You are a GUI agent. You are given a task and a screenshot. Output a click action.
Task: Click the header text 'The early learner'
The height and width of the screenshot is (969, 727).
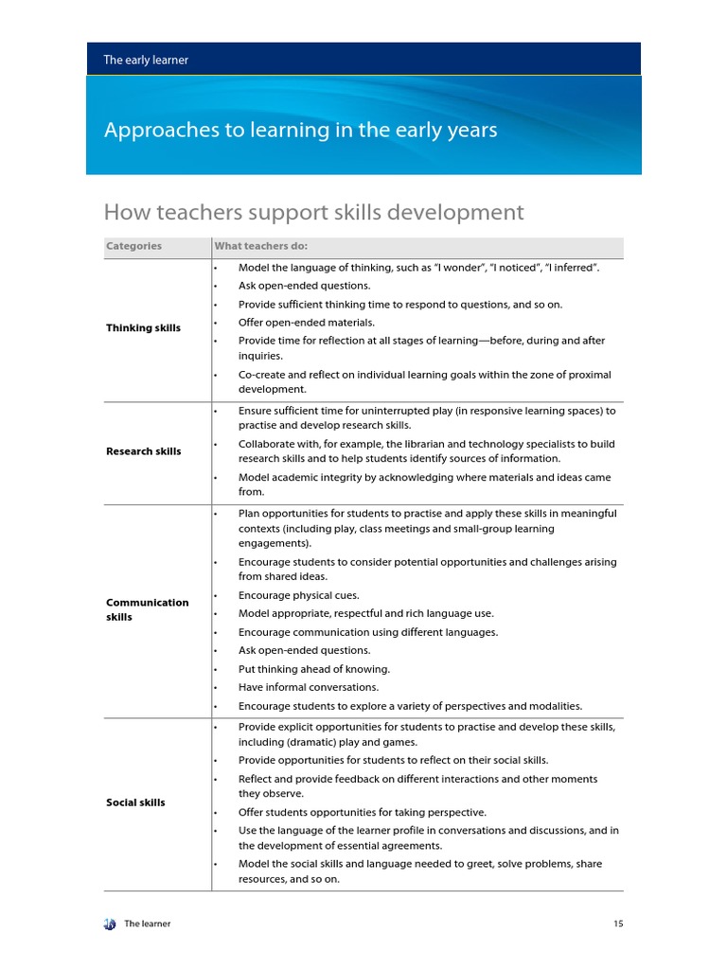[x=146, y=60]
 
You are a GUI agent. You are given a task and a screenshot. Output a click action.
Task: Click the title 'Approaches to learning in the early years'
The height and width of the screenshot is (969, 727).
[x=300, y=131]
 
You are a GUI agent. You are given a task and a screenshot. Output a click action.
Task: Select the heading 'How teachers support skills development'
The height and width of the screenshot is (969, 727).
[x=312, y=212]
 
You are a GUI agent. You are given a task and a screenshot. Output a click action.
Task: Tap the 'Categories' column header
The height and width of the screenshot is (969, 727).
[x=133, y=246]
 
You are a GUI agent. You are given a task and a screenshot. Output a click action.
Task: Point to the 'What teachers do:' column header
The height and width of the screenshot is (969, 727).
[x=254, y=246]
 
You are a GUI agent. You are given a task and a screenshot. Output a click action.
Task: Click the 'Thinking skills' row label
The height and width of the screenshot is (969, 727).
[x=143, y=328]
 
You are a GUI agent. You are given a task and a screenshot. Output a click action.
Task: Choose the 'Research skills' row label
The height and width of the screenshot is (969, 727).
[x=143, y=451]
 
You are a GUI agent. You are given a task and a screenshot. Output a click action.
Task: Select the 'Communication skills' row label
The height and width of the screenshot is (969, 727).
[x=147, y=609]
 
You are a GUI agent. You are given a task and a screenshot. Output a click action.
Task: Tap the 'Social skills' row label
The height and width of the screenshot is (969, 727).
[x=135, y=802]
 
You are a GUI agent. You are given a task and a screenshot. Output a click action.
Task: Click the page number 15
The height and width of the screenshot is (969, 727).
[x=618, y=924]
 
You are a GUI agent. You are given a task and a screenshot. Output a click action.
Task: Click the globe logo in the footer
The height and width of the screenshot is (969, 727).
[x=110, y=924]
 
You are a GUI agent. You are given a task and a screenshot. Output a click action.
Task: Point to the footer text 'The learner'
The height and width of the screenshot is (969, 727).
[x=148, y=924]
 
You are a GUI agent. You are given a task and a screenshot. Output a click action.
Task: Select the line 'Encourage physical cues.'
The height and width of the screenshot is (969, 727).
[x=297, y=595]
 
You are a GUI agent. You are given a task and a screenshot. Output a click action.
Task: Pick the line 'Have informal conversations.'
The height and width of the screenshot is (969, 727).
[x=308, y=687]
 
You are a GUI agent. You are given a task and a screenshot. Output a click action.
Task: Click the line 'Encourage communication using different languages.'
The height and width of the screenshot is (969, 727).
[x=367, y=632]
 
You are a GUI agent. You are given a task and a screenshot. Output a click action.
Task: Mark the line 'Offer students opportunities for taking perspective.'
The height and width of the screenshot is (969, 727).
[x=363, y=812]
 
